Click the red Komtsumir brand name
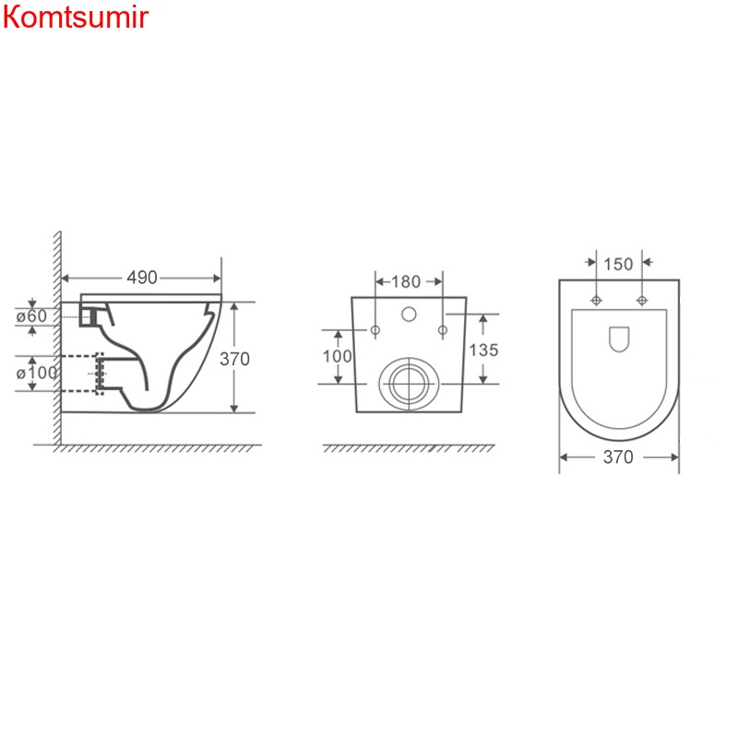tap(76, 18)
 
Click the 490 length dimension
tap(142, 278)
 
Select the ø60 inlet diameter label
tap(31, 315)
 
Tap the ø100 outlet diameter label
tap(37, 374)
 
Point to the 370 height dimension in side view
tap(234, 359)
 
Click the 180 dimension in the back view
tap(406, 282)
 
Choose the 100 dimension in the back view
tap(337, 356)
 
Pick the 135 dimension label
tap(483, 351)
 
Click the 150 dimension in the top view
tap(618, 265)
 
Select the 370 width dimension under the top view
tap(618, 457)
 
